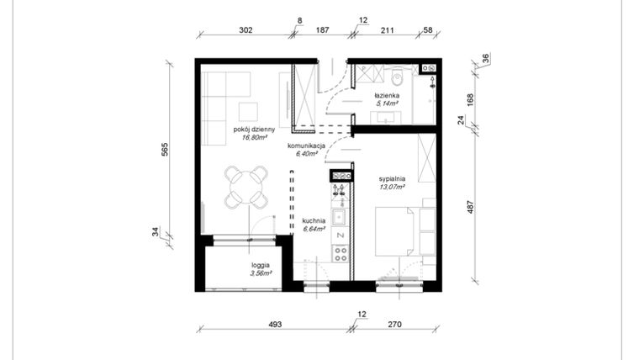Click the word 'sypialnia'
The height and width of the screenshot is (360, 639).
pos(392,179)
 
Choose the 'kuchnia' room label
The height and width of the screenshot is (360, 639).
pos(314,220)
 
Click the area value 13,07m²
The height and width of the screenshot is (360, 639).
pos(392,188)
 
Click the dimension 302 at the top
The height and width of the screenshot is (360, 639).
pos(246,29)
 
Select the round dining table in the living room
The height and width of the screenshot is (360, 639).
pos(245,187)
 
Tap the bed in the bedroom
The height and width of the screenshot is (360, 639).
pos(392,232)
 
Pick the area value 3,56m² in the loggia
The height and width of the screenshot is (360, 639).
pos(263,273)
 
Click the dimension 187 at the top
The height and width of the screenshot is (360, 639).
pos(322,29)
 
